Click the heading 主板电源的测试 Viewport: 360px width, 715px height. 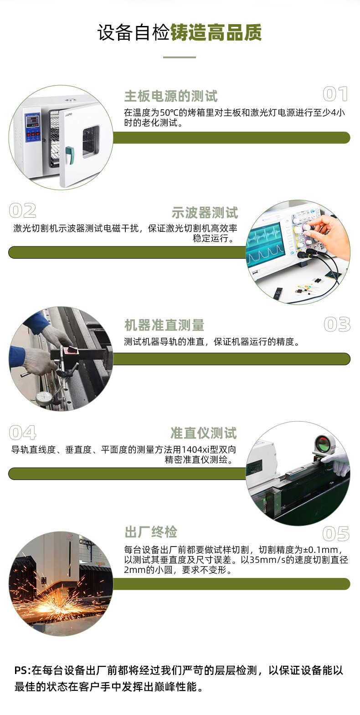(x=171, y=96)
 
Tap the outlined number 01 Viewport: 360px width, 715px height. (x=335, y=94)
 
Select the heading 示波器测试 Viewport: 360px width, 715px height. (x=205, y=213)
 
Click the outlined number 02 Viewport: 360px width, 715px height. (x=23, y=211)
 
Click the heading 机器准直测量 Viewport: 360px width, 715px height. (x=164, y=325)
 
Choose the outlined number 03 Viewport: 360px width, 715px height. (x=337, y=325)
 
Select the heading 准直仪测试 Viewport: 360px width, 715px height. (x=204, y=433)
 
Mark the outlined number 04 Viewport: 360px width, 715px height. (x=23, y=433)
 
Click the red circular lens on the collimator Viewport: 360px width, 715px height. (x=323, y=441)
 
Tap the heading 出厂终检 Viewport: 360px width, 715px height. (x=151, y=531)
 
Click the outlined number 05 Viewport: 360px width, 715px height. (x=336, y=534)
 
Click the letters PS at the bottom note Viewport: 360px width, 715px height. (x=21, y=670)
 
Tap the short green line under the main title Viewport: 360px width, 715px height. (x=180, y=57)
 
